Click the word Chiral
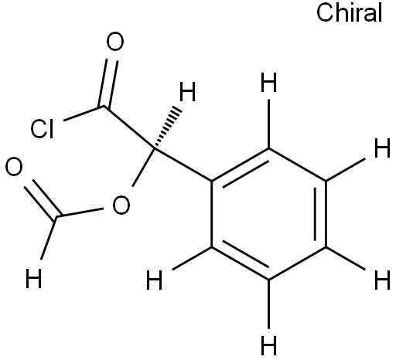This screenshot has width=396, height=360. click(349, 13)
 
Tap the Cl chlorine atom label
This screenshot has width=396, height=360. click(43, 128)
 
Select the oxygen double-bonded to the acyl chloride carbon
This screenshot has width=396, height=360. click(115, 41)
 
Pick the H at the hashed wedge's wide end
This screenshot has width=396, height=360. click(187, 92)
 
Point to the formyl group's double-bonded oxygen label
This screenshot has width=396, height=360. click(14, 167)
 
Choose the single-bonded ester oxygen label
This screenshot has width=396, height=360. click(121, 205)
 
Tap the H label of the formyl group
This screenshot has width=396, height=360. click(34, 278)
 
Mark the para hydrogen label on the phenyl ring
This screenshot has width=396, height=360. click(382, 280)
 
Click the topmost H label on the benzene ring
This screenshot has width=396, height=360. click(268, 82)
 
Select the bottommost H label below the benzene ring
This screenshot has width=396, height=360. click(268, 345)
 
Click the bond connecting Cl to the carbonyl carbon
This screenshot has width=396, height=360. click(84, 113)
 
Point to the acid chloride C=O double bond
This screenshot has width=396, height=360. click(108, 83)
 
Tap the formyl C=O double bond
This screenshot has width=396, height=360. click(43, 199)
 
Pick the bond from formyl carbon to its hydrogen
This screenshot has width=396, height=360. click(48, 238)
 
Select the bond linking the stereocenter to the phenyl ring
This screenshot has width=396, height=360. click(183, 165)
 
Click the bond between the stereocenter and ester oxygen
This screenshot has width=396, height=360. click(143, 168)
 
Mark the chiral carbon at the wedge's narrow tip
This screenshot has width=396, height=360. click(155, 148)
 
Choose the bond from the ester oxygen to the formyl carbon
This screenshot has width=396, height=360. click(80, 212)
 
